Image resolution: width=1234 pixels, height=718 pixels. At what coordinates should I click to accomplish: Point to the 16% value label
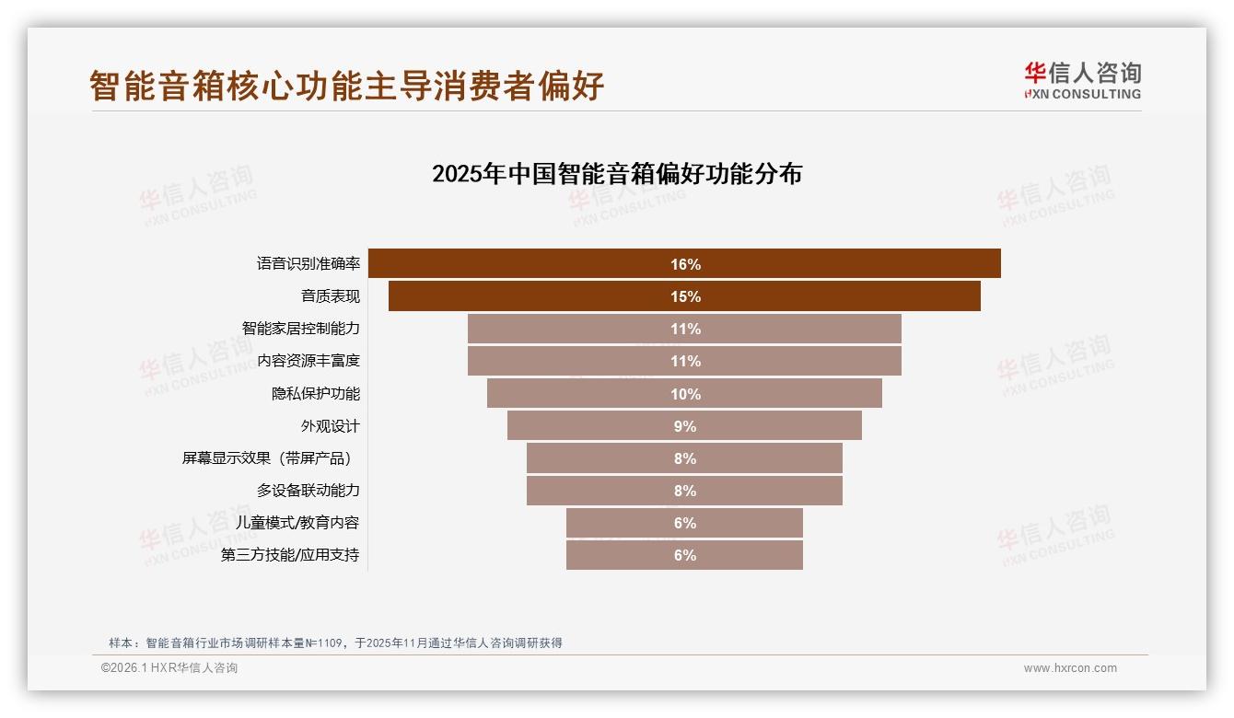point(685,264)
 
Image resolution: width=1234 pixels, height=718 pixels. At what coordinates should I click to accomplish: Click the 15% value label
point(685,296)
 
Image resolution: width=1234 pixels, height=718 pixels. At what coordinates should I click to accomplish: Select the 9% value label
point(685,426)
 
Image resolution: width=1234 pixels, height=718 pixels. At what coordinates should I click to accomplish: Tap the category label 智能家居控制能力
point(300,329)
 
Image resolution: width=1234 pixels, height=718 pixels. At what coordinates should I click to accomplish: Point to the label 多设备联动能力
point(308,491)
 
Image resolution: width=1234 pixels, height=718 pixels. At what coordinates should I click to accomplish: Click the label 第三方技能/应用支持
point(290,555)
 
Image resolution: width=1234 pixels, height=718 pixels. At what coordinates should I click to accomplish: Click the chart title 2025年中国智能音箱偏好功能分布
point(617,173)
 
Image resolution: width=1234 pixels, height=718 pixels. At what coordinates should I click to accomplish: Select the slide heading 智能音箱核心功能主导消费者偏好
point(346,86)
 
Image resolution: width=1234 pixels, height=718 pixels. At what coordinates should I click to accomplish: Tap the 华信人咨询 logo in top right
point(1082,80)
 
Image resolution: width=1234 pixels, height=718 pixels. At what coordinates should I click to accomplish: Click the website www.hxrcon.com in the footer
point(1070,668)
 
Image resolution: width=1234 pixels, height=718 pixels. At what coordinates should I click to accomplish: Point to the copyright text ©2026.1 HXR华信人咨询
point(169,668)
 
